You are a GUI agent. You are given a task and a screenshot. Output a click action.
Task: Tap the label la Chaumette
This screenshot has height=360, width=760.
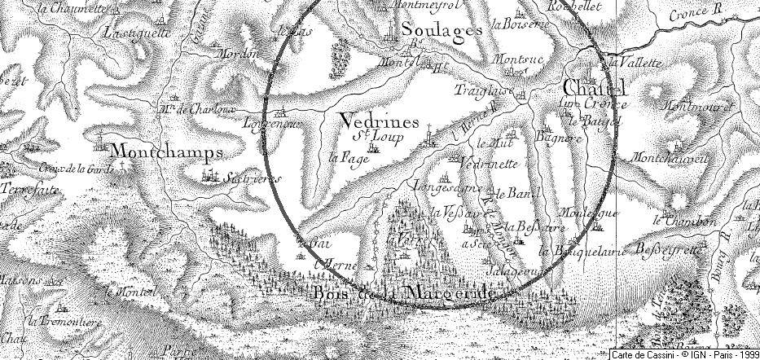(77, 9)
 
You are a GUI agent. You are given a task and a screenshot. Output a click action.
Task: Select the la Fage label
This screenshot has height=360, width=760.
(345, 157)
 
